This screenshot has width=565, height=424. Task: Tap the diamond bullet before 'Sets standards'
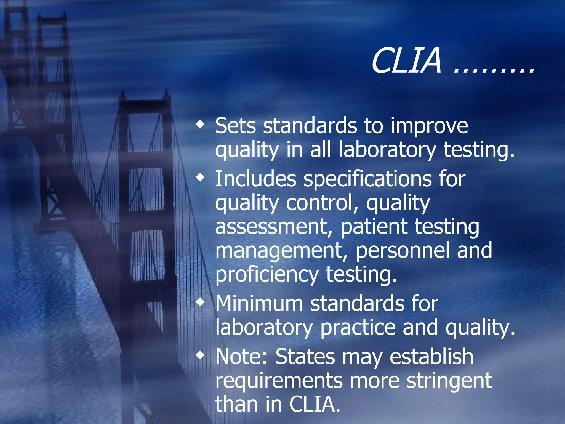pos(201,124)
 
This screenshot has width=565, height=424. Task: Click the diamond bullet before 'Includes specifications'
pos(201,177)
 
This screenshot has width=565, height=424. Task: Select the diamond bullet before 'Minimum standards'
pos(201,303)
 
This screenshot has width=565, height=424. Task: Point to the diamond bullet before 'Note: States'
pos(201,355)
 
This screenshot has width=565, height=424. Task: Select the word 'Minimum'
pos(259,304)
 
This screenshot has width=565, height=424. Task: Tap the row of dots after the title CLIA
pos(494,70)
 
